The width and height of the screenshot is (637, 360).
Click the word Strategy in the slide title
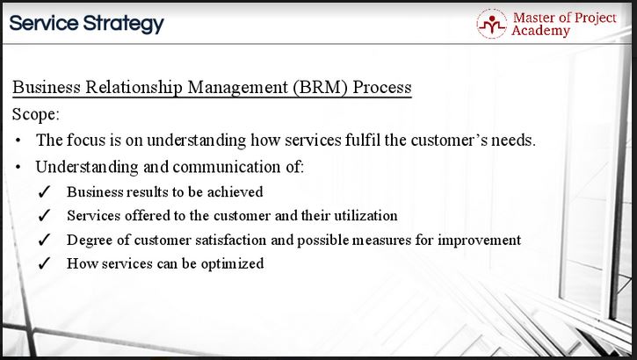click(124, 24)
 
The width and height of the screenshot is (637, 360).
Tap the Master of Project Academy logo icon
click(491, 24)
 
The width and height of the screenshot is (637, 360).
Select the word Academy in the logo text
click(540, 31)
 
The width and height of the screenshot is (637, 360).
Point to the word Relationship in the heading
click(134, 87)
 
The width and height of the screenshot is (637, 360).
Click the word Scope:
click(36, 114)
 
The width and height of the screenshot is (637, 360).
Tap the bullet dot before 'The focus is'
click(18, 140)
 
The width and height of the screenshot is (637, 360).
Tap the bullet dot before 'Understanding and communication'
click(18, 167)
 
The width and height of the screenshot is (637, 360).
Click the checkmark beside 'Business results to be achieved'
click(44, 192)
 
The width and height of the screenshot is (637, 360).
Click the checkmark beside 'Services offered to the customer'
click(44, 215)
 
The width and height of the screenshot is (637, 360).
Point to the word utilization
click(366, 215)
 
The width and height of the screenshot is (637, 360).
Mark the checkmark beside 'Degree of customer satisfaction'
click(44, 240)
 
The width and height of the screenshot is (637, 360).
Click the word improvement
click(480, 240)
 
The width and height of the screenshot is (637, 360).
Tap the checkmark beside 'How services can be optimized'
click(44, 263)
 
